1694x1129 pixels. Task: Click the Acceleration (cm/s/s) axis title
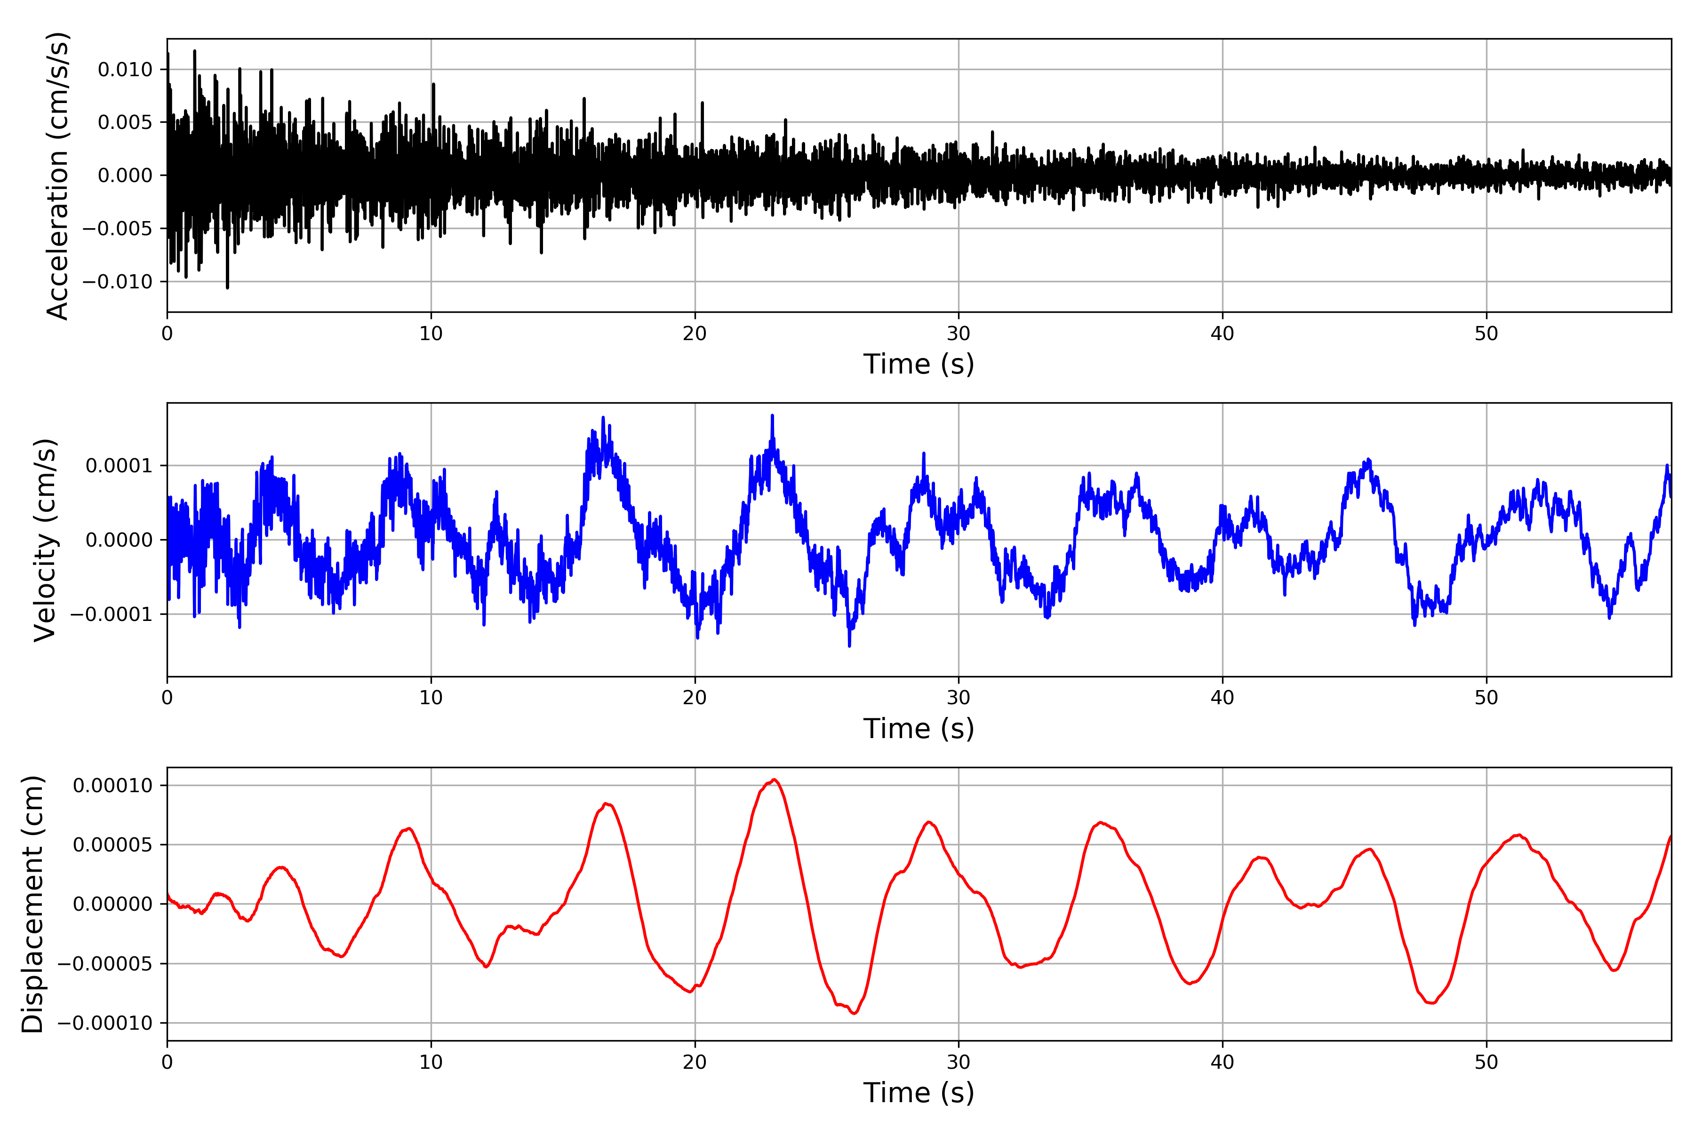[x=57, y=175]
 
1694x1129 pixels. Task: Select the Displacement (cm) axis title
[x=32, y=904]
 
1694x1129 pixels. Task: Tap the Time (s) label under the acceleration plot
[x=919, y=364]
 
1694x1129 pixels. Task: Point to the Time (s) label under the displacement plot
[x=919, y=1093]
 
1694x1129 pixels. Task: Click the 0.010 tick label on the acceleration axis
[x=125, y=70]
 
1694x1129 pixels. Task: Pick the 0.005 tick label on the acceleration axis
[x=125, y=122]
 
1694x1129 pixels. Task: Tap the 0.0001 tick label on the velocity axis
[x=119, y=466]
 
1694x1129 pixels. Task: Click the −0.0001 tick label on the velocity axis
[x=111, y=614]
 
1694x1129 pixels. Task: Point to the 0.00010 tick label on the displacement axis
[x=113, y=786]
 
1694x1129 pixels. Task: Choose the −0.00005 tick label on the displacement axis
[x=105, y=963]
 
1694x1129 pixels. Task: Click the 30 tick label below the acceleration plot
[x=958, y=334]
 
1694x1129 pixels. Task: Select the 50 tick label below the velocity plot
[x=1486, y=698]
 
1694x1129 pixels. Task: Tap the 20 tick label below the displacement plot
[x=695, y=1062]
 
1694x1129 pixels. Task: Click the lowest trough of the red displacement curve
[x=855, y=1014]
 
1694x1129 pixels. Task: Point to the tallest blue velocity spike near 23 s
[x=772, y=415]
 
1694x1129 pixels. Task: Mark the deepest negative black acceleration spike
[x=228, y=288]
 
